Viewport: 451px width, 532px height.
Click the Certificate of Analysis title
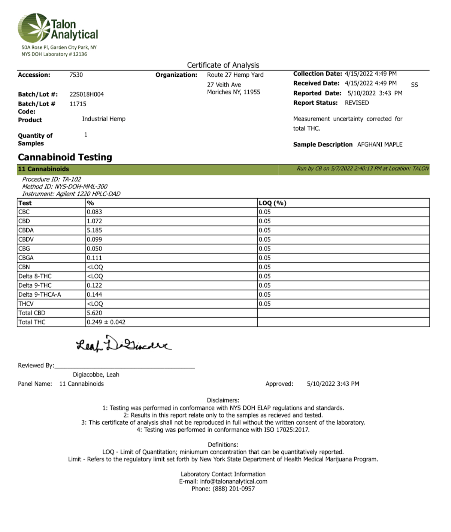[x=223, y=65]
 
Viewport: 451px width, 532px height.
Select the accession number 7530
[x=76, y=75]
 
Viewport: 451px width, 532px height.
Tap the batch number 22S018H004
[x=87, y=94]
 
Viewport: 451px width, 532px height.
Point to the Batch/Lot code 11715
[x=78, y=104]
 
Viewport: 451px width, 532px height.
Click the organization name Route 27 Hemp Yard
[x=235, y=75]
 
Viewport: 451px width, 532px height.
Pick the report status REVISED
[x=357, y=103]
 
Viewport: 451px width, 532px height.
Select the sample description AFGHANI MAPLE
[x=380, y=144]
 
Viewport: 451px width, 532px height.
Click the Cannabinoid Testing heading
[x=65, y=157]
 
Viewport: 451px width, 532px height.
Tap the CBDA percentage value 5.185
[x=94, y=230]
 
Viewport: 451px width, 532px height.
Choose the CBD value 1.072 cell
[x=94, y=221]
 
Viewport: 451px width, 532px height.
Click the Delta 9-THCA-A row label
[x=40, y=295]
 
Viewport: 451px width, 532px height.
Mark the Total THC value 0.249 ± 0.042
[x=106, y=322]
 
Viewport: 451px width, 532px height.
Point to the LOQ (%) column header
[x=272, y=203]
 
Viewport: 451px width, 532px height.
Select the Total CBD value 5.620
[x=94, y=313]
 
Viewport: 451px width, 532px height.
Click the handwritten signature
[x=124, y=345]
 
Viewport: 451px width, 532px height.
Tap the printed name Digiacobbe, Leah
[x=96, y=374]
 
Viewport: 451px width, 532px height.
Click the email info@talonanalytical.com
[x=233, y=481]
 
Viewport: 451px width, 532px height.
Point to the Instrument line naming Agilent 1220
[x=71, y=194]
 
